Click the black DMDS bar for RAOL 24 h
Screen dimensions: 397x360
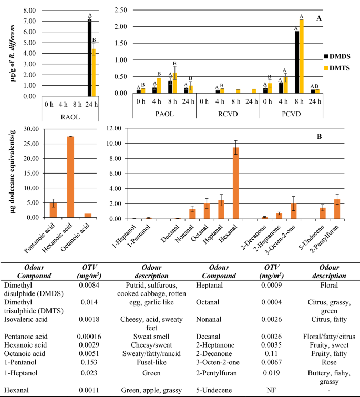pyautogui.click(x=89, y=58)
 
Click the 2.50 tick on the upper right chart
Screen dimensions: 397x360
pyautogui.click(x=120, y=11)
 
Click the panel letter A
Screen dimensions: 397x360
pyautogui.click(x=318, y=18)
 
